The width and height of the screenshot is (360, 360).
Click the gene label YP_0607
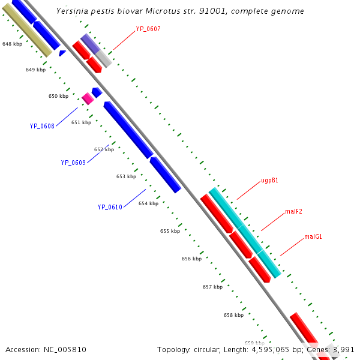coord(148,29)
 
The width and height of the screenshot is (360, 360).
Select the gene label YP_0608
coord(42,126)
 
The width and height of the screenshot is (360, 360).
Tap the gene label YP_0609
coord(73,163)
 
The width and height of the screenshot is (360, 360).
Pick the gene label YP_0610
coord(110,207)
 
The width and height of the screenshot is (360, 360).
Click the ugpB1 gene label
coord(269,180)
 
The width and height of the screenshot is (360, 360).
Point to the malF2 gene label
coord(293,211)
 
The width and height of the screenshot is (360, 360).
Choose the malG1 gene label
coord(313,236)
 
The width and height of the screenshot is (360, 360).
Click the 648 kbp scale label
coord(12,44)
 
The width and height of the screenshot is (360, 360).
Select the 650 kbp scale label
coord(58,96)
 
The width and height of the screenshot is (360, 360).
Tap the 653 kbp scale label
coord(126,176)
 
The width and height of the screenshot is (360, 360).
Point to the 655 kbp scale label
coord(170,231)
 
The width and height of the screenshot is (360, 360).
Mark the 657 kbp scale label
coord(212,287)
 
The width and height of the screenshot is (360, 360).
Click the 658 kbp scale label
coord(233,315)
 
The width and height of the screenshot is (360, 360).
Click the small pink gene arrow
coord(88,99)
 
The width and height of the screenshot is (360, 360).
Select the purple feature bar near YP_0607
coord(90,43)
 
